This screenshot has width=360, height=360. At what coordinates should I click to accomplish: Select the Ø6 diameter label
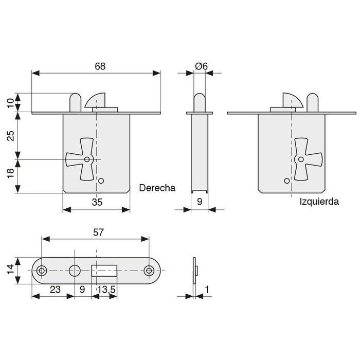[202, 66]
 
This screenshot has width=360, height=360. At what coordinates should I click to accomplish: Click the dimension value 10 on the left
[10, 102]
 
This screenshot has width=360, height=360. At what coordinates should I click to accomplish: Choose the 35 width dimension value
[97, 203]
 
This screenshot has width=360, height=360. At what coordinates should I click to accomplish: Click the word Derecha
[157, 188]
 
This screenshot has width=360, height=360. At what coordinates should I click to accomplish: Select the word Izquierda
[319, 202]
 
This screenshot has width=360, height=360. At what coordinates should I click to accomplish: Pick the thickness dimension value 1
[206, 290]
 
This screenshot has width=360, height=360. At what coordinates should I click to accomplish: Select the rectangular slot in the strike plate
[105, 271]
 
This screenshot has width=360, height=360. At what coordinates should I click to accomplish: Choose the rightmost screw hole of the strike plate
[149, 271]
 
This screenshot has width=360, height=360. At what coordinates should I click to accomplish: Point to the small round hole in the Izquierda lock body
[286, 181]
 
